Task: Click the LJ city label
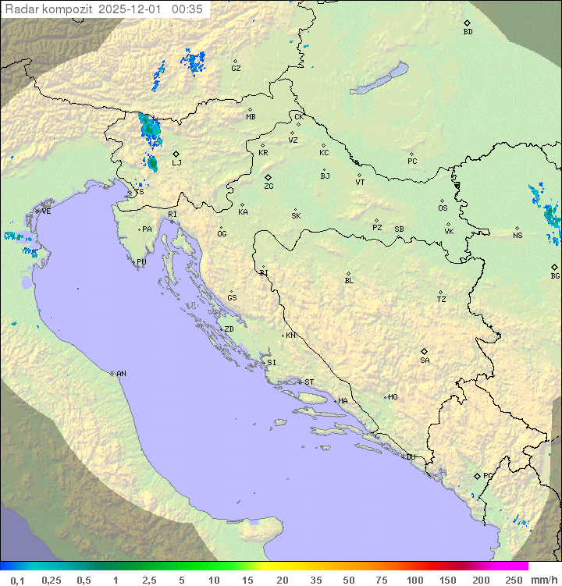[176, 163]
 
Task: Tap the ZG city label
[269, 187]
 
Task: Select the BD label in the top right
[468, 32]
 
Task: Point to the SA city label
[425, 360]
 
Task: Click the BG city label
[555, 276]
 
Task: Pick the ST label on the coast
[309, 382]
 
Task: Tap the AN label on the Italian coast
[121, 374]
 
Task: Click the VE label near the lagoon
[46, 211]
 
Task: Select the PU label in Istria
[141, 262]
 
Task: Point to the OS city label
[443, 208]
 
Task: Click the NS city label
[518, 236]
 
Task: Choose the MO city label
[393, 397]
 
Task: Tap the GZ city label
[236, 69]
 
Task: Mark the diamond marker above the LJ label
[176, 154]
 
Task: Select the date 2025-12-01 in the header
[130, 9]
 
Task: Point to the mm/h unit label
[543, 580]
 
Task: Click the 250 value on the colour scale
[514, 580]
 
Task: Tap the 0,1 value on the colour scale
[18, 580]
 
